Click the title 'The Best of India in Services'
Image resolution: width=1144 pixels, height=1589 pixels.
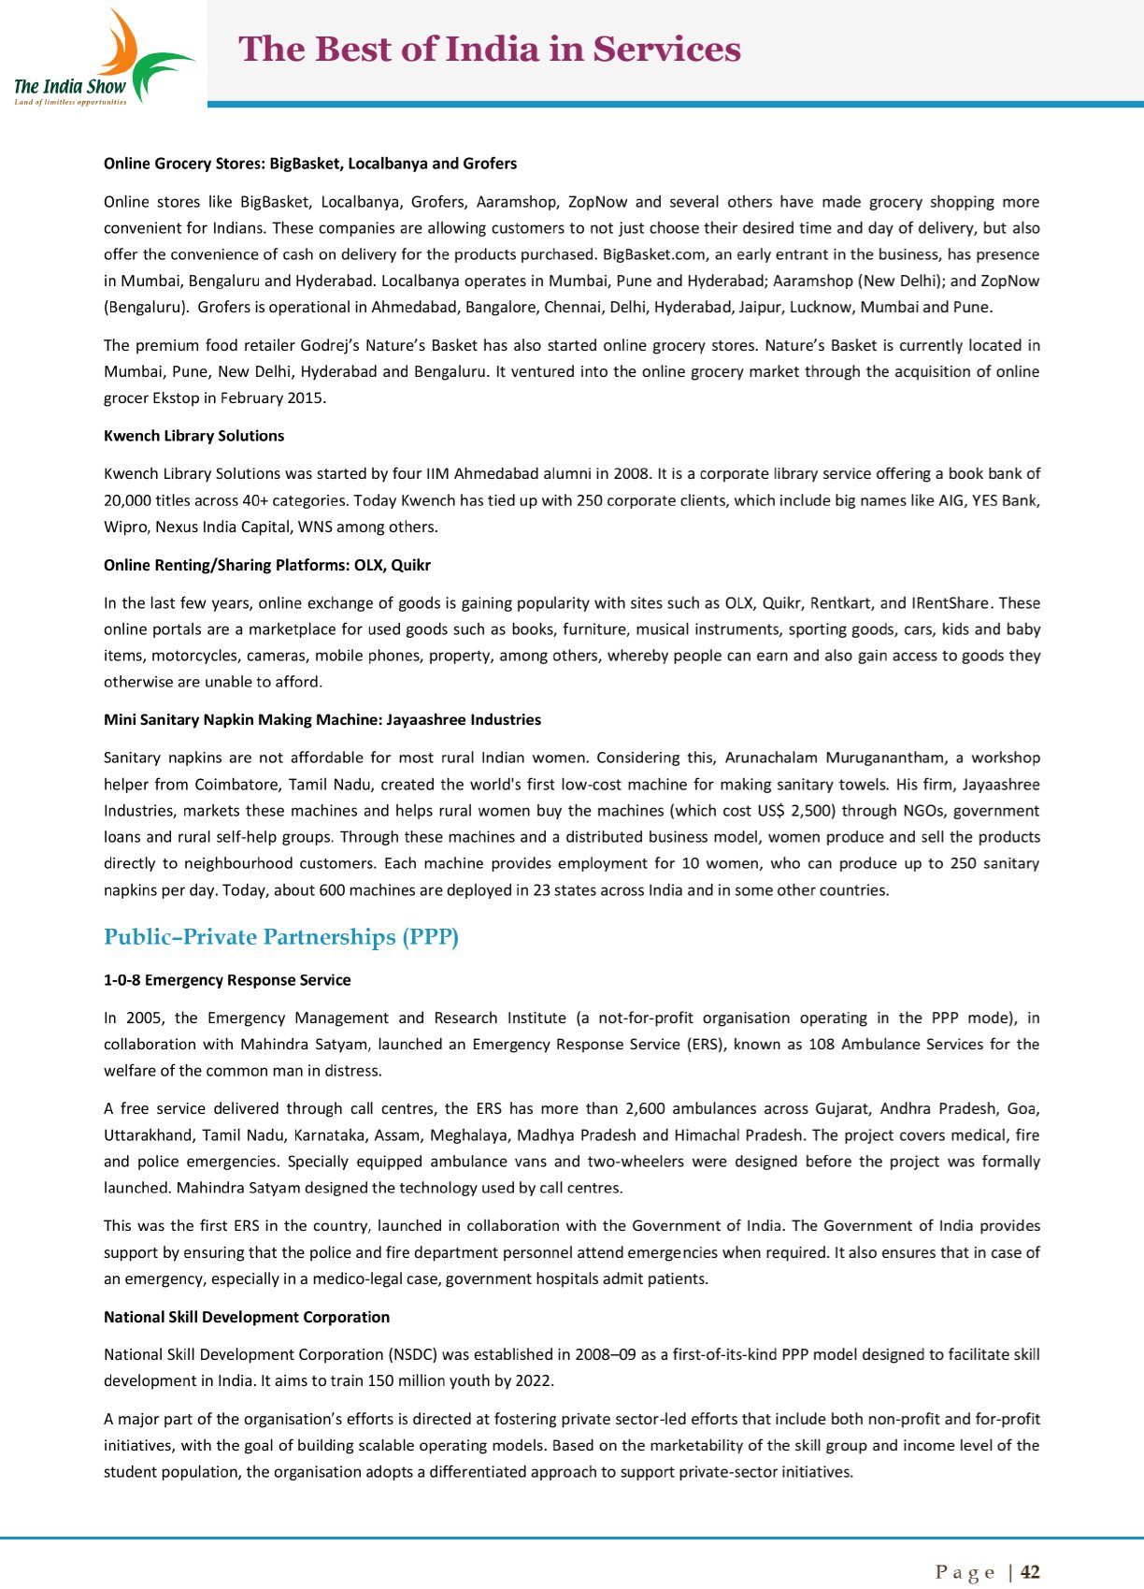coord(490,50)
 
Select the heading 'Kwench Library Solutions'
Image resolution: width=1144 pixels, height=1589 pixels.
coord(193,436)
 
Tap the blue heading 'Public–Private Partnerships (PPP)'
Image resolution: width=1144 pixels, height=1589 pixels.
coord(281,937)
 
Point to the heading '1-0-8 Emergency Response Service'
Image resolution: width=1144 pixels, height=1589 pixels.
coord(227,980)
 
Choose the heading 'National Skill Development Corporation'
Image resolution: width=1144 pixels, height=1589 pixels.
coord(247,1317)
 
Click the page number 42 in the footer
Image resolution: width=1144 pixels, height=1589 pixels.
coord(1030,1572)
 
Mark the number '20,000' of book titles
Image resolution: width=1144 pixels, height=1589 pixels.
coord(127,500)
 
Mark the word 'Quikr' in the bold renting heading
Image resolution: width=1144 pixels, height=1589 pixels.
coord(410,565)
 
